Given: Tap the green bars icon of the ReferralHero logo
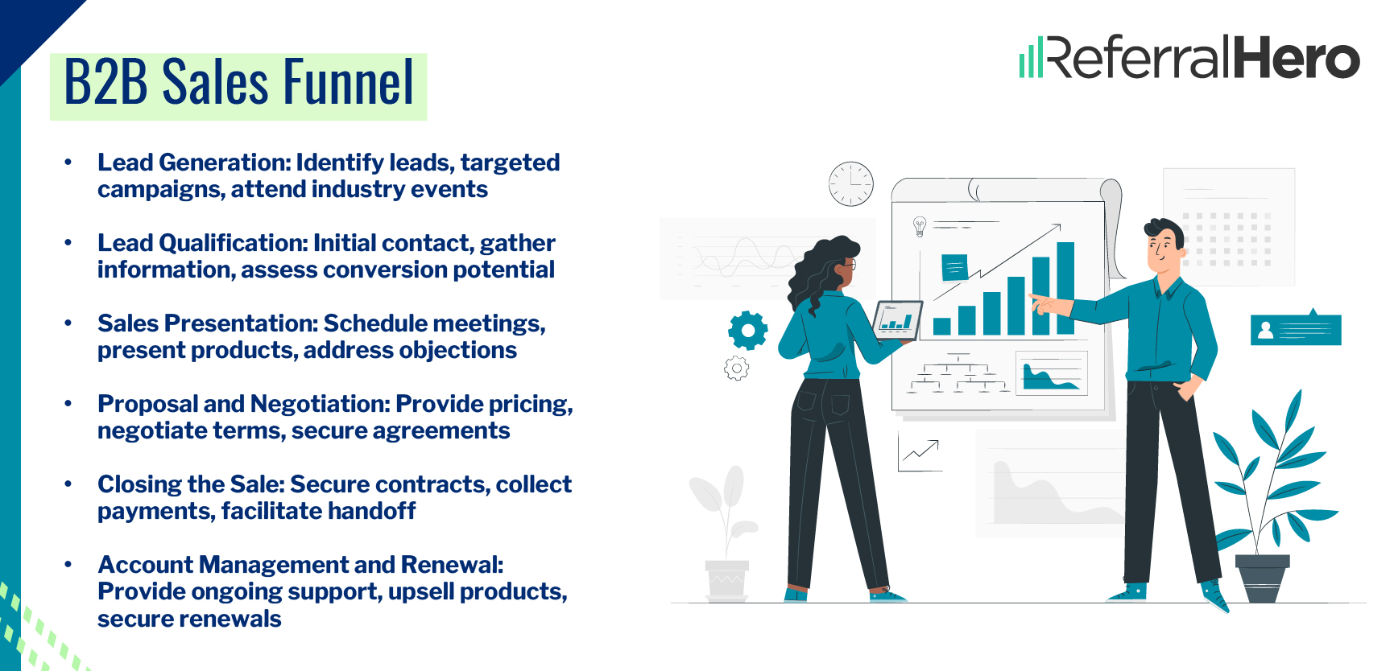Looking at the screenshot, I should tap(1031, 59).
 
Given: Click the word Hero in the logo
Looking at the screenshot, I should tap(1296, 58).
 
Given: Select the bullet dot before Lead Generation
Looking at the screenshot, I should tap(68, 163).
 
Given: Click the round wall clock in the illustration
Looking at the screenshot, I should tap(851, 184).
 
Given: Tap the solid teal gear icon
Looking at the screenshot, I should tap(747, 330).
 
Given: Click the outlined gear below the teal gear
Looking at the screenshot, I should tap(736, 368).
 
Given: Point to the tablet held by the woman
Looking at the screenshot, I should tap(897, 320).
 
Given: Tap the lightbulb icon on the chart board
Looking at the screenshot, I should tap(920, 226).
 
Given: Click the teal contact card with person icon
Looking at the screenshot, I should tap(1295, 330).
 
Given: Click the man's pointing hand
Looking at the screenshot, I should tap(1045, 304).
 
